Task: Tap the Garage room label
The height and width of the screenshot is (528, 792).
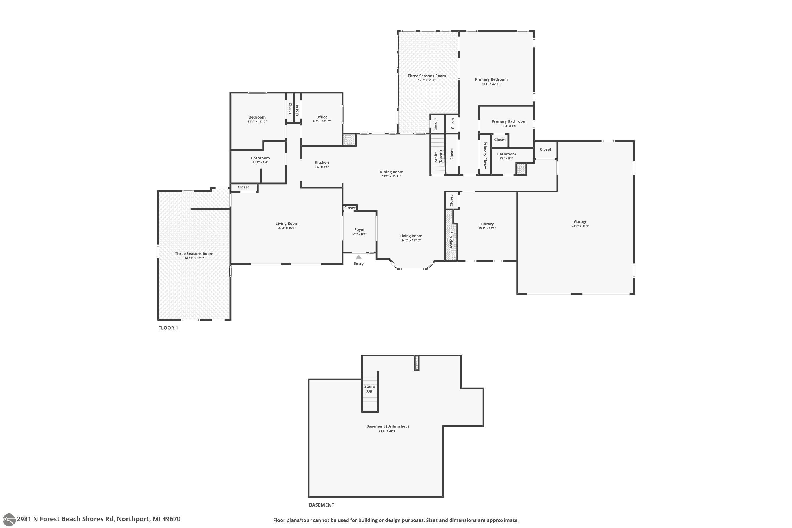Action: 581,221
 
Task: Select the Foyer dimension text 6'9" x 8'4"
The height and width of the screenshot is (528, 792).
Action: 359,234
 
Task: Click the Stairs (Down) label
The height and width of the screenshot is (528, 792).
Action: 438,157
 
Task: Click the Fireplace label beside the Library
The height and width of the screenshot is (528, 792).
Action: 451,239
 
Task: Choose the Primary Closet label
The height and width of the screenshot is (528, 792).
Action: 485,155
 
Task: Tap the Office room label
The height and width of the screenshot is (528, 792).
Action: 322,117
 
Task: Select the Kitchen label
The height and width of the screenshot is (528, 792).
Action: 322,162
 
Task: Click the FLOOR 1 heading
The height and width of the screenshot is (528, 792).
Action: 168,328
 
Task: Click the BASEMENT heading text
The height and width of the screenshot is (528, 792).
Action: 321,505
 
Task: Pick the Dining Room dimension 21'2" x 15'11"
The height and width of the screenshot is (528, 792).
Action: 391,176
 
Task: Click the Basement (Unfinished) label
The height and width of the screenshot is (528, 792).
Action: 388,426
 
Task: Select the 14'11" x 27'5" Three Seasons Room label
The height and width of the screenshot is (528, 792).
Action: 194,258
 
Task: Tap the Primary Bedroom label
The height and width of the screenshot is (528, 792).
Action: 491,79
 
